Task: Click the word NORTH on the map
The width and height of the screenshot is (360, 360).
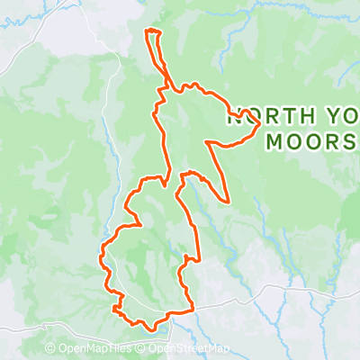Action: tap(261, 115)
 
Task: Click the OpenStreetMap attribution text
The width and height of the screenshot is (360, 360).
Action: tap(189, 349)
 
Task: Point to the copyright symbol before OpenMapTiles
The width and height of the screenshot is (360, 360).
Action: tap(50, 349)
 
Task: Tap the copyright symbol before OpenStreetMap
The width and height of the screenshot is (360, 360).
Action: tap(142, 349)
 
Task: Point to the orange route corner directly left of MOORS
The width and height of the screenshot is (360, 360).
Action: tap(208, 142)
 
